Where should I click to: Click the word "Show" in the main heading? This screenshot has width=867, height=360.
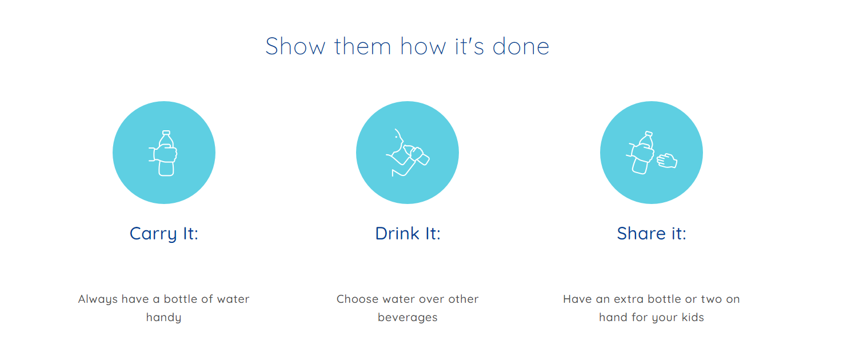click(295, 46)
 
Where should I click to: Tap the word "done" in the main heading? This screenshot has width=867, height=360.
click(521, 46)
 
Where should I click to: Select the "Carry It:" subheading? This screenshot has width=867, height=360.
click(163, 234)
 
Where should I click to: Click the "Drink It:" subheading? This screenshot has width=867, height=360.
click(407, 233)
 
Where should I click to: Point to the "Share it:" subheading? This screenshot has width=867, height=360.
click(652, 233)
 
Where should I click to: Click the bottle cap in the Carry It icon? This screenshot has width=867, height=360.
click(166, 133)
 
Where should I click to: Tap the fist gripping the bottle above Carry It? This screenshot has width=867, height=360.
click(165, 153)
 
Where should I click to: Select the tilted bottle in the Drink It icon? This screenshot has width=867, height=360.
click(417, 154)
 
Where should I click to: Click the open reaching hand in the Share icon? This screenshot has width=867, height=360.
click(667, 161)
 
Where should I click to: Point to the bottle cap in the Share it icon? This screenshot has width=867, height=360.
click(649, 134)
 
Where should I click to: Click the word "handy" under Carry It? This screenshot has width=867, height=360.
click(163, 317)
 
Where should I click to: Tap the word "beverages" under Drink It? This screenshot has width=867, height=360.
click(407, 317)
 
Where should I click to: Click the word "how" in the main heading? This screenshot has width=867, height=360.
click(423, 46)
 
